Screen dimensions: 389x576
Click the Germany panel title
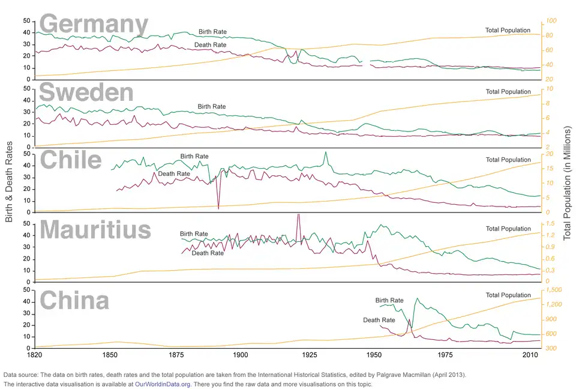click(x=94, y=25)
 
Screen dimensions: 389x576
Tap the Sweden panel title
click(x=86, y=93)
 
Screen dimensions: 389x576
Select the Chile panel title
click(x=70, y=160)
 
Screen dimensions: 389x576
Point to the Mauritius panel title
click(x=95, y=230)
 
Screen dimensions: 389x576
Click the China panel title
click(x=74, y=300)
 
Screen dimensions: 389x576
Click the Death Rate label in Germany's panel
click(x=211, y=45)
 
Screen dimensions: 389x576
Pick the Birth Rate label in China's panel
click(x=389, y=300)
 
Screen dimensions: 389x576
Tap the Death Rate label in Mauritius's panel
click(x=208, y=253)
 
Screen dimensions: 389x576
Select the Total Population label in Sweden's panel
click(x=508, y=92)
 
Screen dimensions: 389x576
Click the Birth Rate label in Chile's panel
click(x=194, y=156)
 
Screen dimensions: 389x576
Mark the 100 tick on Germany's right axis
click(x=551, y=21)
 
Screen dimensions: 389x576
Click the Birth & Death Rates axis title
click(x=9, y=182)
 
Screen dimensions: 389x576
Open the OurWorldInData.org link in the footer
click(x=163, y=384)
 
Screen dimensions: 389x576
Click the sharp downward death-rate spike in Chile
click(x=218, y=207)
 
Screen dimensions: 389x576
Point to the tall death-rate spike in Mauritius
click(x=298, y=216)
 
